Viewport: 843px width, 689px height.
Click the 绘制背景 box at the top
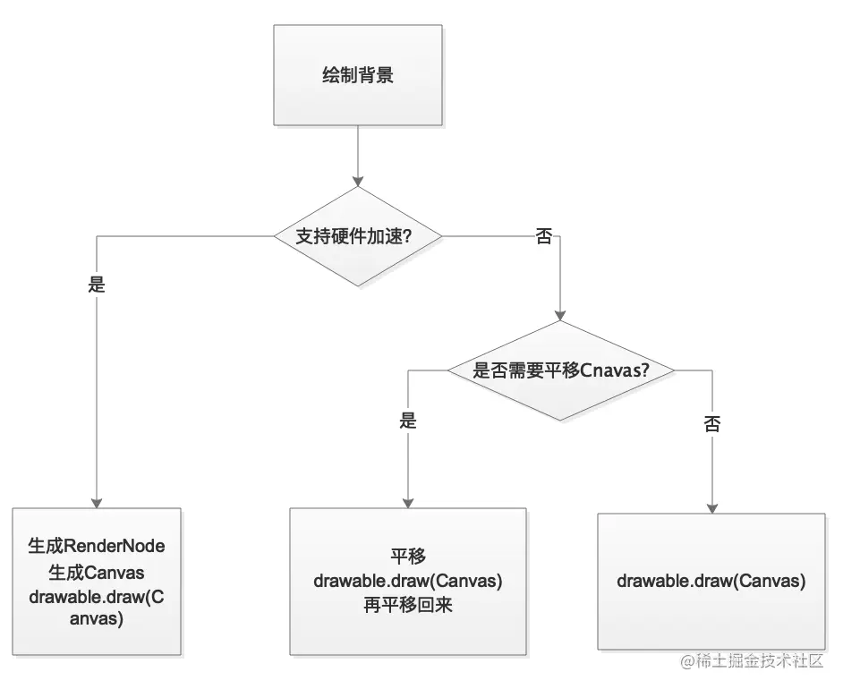[x=357, y=75]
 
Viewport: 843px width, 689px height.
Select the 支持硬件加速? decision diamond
[x=357, y=236]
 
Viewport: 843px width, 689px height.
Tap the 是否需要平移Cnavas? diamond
[x=560, y=370]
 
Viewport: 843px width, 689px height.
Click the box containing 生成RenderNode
[x=97, y=582]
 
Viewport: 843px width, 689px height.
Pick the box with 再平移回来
[x=408, y=582]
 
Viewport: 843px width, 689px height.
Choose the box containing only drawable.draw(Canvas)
[x=711, y=581]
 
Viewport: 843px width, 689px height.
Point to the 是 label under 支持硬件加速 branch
[x=97, y=285]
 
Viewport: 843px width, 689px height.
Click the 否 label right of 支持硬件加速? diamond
[x=543, y=236]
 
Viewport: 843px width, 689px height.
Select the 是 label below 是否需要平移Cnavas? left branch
[x=408, y=421]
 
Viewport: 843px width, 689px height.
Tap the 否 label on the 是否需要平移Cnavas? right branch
[x=712, y=424]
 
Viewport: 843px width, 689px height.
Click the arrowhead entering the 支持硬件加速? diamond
[x=357, y=179]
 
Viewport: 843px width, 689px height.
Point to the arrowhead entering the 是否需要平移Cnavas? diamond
[x=560, y=314]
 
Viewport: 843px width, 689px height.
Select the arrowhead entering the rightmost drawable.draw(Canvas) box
[x=712, y=506]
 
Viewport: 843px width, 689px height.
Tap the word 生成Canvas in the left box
[x=97, y=572]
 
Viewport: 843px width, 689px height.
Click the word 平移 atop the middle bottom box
[x=408, y=556]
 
